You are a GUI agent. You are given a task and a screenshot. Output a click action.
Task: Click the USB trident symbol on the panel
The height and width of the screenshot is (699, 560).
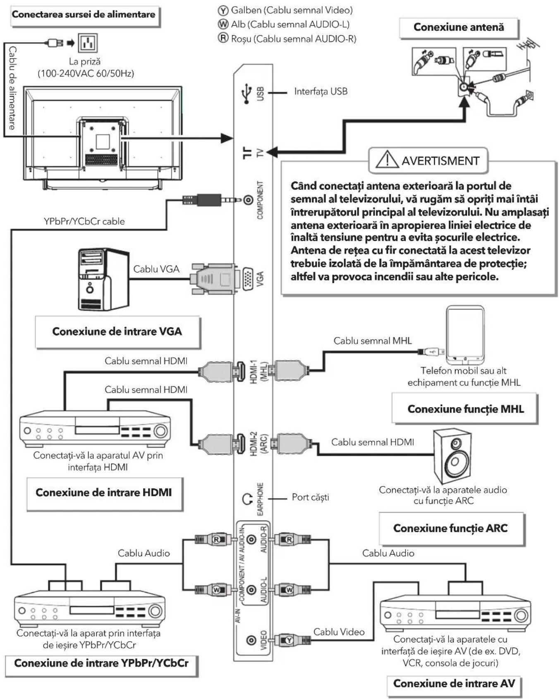pyautogui.click(x=247, y=93)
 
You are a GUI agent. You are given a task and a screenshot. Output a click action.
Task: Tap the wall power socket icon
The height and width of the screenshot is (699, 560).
pyautogui.click(x=88, y=43)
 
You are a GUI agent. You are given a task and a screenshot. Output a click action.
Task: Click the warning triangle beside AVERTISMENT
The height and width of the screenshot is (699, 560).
pyautogui.click(x=387, y=160)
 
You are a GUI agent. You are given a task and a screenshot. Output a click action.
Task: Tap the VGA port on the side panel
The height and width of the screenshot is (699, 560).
pyautogui.click(x=248, y=279)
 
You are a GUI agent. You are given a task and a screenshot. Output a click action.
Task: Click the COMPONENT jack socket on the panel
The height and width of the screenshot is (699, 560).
pyautogui.click(x=248, y=200)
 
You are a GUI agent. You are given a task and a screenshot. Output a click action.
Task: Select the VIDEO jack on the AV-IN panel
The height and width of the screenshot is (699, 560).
pyautogui.click(x=251, y=640)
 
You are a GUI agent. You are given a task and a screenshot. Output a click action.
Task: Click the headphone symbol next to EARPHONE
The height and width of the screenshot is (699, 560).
pyautogui.click(x=247, y=499)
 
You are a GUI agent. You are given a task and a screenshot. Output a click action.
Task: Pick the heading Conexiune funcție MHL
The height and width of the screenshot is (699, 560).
pyautogui.click(x=466, y=409)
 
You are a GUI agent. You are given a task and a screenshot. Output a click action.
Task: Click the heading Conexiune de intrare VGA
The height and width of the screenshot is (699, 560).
pyautogui.click(x=117, y=331)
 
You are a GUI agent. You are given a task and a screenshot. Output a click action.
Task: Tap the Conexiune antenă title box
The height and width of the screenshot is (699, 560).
pyautogui.click(x=459, y=27)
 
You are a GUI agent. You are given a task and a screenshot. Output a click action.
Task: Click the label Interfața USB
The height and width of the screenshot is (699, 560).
pyautogui.click(x=321, y=91)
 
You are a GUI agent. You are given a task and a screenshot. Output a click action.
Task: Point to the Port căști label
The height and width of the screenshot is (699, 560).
pyautogui.click(x=310, y=497)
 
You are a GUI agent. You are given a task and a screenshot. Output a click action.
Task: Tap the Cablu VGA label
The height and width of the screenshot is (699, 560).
pyautogui.click(x=156, y=269)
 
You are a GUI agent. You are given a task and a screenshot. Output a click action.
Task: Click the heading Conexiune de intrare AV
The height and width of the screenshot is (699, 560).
pyautogui.click(x=454, y=683)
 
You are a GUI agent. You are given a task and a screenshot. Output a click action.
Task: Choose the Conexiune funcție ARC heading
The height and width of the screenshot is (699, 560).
pyautogui.click(x=450, y=528)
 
